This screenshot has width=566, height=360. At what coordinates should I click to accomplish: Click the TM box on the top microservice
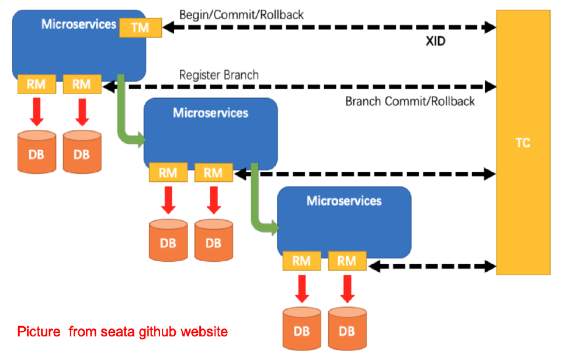tap(140, 27)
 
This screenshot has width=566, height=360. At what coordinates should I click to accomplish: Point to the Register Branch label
tap(218, 75)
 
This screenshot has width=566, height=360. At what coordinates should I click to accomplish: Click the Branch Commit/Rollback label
tap(410, 101)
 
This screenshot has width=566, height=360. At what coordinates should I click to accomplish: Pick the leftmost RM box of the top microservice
tap(36, 84)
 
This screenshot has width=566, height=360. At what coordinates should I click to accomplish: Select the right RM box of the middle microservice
tap(213, 172)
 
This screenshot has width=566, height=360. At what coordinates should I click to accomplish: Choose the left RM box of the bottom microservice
tap(301, 261)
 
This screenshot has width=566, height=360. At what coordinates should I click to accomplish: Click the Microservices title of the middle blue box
tap(210, 113)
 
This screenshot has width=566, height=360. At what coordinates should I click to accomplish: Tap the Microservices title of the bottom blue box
tap(344, 201)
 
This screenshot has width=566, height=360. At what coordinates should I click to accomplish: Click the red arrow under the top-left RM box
tap(37, 111)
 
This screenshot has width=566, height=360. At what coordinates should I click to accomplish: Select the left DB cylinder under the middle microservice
tap(168, 239)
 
